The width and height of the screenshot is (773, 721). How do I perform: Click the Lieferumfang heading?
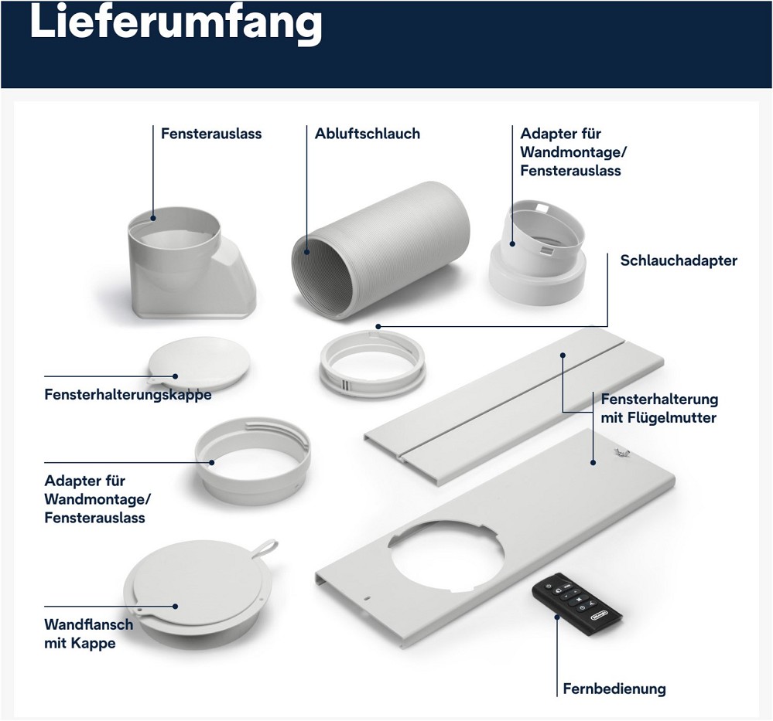(176, 22)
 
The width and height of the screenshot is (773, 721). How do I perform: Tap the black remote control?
(576, 604)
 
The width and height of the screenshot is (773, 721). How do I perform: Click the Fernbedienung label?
(614, 689)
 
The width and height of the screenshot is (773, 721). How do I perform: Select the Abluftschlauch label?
(368, 134)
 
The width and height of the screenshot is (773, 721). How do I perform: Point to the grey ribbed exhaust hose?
(380, 250)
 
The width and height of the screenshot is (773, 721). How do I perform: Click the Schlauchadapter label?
(679, 260)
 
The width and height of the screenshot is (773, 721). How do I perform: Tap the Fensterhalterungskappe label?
(128, 394)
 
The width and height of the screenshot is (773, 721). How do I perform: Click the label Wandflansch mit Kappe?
(89, 634)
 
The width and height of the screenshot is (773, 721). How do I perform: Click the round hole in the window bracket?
(446, 556)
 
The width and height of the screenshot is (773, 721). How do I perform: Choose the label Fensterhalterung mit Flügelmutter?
(659, 408)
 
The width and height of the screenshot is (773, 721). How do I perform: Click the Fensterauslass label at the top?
(211, 134)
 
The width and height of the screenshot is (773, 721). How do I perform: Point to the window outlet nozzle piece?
(192, 263)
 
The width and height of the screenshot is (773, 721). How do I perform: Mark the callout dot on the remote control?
(557, 616)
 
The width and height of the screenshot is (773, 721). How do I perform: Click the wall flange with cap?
(197, 593)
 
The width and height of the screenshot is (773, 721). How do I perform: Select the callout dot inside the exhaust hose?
(306, 252)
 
